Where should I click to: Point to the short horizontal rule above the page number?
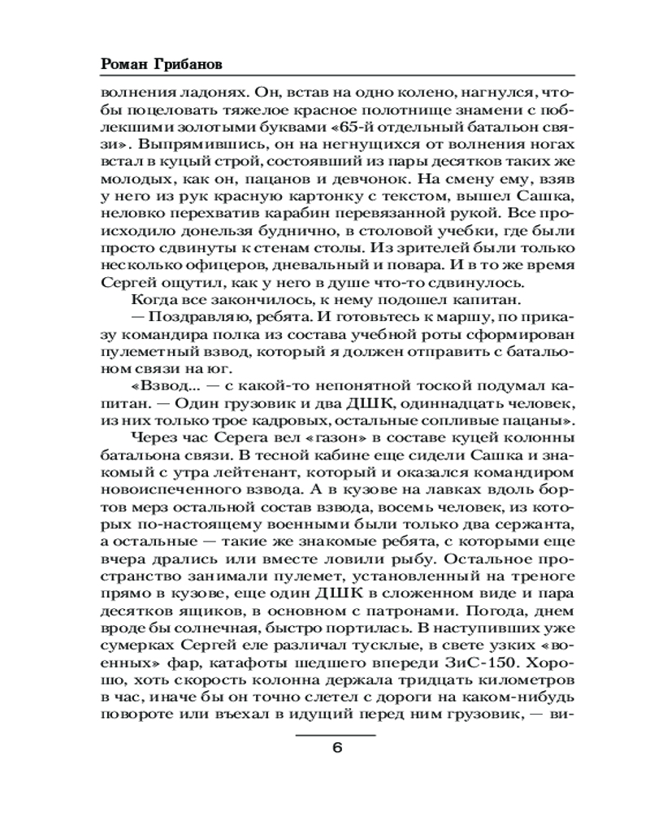tap(336, 733)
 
